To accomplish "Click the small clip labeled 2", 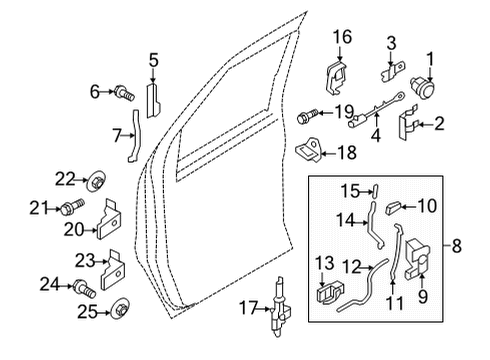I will pyautogui.click(x=404, y=123).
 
